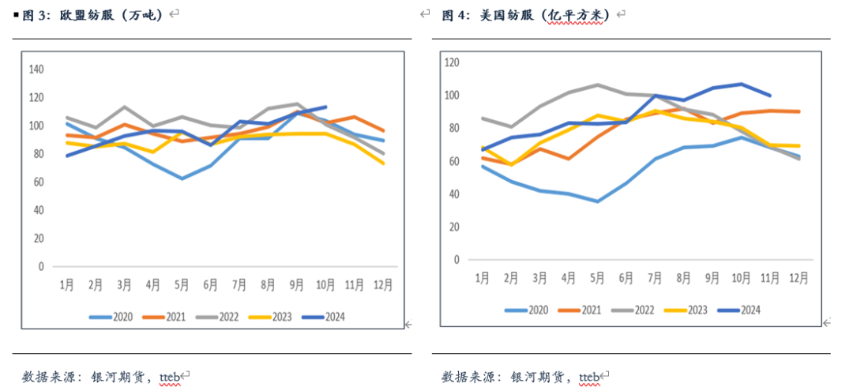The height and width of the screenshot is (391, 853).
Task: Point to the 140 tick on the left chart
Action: click(x=37, y=70)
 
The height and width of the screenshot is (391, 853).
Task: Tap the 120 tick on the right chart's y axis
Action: click(x=452, y=62)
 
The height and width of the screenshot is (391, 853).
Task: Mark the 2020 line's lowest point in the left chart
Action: click(x=182, y=179)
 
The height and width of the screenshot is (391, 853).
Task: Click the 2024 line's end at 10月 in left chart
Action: click(x=325, y=107)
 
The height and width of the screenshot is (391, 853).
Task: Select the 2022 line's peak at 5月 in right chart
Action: click(x=597, y=85)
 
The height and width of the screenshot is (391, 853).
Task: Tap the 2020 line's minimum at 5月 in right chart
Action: click(x=597, y=201)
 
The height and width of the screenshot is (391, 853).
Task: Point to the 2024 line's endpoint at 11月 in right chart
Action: click(x=770, y=95)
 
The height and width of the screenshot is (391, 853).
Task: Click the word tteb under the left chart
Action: click(x=170, y=375)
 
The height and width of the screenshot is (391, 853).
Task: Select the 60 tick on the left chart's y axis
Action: click(x=39, y=182)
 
